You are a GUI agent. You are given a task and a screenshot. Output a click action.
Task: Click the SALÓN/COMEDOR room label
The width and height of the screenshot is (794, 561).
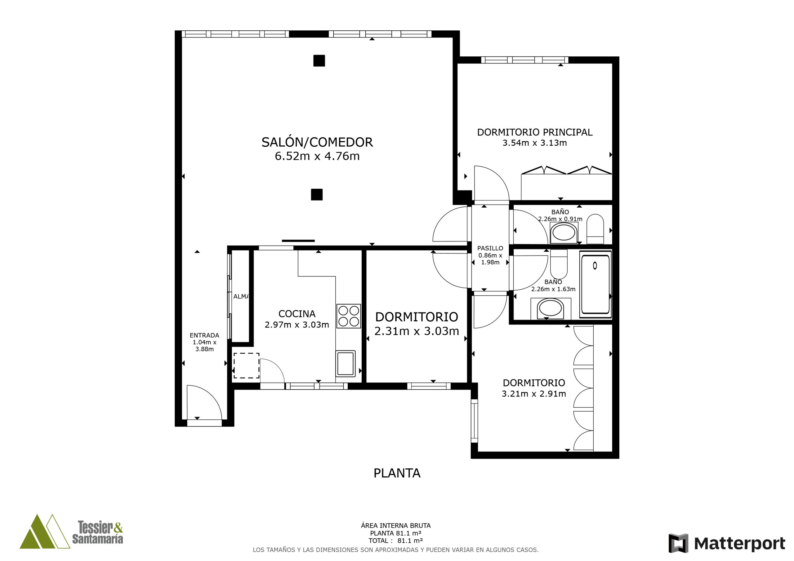click(317, 142)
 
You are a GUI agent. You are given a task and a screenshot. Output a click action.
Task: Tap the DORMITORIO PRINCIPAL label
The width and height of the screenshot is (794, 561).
click(535, 132)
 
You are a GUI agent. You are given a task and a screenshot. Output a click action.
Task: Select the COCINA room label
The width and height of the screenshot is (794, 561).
click(297, 314)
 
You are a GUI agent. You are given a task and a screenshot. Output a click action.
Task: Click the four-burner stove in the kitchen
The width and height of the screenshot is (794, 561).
click(349, 316)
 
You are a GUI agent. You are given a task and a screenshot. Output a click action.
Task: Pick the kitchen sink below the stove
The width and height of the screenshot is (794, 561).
click(346, 364)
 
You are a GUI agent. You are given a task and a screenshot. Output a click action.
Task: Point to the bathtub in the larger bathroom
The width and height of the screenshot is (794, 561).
click(595, 285)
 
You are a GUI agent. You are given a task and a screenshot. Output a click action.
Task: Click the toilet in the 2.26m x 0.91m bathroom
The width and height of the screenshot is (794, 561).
click(595, 229)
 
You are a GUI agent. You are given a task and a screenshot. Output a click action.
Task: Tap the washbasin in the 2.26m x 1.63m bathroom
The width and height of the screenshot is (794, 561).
click(550, 309)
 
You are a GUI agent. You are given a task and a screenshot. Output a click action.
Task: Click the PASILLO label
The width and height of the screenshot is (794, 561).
click(490, 248)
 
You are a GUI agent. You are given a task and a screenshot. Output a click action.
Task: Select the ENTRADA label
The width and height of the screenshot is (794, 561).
click(204, 335)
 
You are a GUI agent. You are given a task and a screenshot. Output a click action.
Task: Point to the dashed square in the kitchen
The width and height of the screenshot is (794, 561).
click(247, 366)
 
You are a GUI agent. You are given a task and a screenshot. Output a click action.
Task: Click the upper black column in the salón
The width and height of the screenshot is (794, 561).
click(319, 61)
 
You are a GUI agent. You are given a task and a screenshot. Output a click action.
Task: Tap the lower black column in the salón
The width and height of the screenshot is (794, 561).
click(317, 195)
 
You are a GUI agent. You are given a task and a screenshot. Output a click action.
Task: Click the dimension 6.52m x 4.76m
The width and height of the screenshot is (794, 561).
click(317, 156)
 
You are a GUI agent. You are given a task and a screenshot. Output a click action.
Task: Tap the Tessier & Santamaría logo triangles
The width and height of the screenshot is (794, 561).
click(45, 532)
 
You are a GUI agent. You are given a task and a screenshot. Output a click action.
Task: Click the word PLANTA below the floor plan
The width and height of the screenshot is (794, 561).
click(397, 473)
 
